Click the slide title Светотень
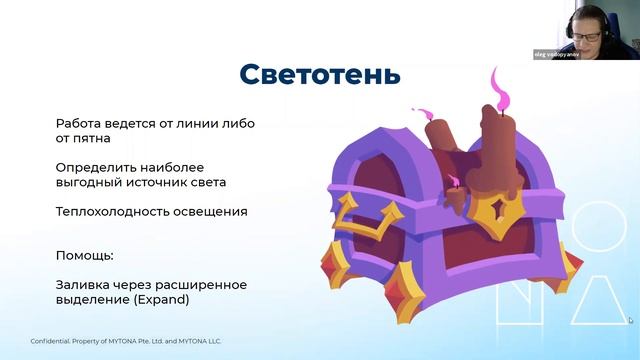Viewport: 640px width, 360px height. tap(320, 73)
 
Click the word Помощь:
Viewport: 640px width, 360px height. tap(84, 255)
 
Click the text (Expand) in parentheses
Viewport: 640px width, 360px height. tap(161, 299)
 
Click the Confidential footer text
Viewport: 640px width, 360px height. tap(126, 341)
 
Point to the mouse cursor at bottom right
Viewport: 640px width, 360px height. tap(630, 320)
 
